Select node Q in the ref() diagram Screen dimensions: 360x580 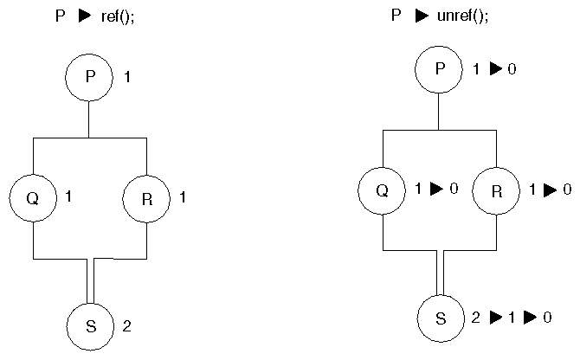33,197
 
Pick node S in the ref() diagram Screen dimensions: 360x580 90,327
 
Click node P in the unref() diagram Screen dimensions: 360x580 439,69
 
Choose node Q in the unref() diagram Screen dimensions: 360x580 382,190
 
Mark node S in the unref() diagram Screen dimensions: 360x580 440,318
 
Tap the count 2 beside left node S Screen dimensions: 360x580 127,327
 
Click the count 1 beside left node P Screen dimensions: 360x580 127,78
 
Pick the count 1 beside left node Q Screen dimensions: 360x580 68,196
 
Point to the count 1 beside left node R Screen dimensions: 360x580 183,198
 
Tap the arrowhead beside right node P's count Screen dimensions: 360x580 495,68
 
